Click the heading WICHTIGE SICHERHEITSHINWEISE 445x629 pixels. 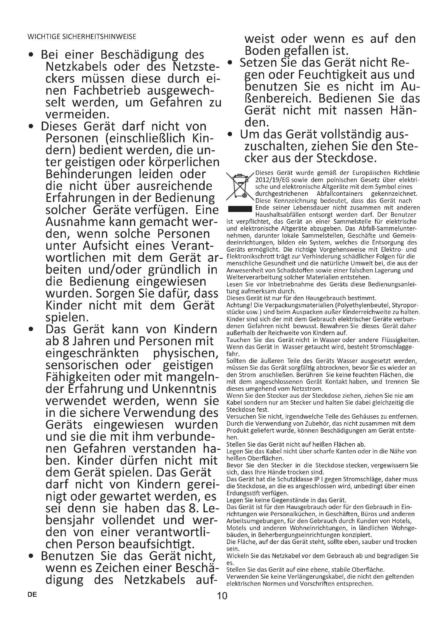point(82,37)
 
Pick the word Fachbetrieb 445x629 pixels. point(107,90)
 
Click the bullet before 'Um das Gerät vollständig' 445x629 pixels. point(230,135)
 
